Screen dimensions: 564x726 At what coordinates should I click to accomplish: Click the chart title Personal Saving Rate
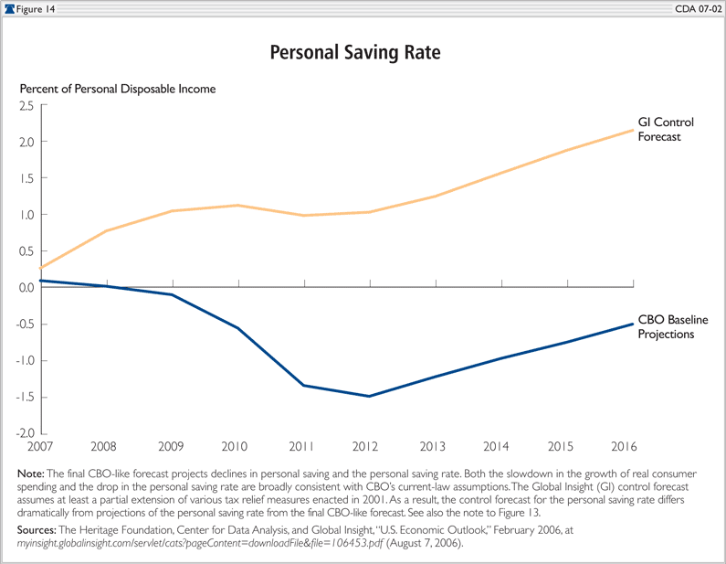point(355,53)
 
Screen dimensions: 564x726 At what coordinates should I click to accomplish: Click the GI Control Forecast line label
point(666,130)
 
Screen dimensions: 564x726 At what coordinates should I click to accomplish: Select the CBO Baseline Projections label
point(673,327)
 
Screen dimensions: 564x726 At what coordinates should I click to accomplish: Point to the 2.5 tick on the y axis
point(25,106)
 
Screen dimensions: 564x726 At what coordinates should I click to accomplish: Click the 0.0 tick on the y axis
point(25,288)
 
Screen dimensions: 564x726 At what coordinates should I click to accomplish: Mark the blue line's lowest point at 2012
point(369,396)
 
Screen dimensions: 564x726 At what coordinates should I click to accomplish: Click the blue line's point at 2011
point(303,386)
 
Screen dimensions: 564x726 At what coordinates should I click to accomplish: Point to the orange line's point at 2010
point(238,205)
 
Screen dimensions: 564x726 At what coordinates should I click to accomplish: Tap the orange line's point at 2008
point(108,230)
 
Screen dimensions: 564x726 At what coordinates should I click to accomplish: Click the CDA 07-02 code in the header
point(697,7)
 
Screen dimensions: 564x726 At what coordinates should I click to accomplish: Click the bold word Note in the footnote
point(29,474)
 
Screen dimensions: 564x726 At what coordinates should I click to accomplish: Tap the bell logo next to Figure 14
point(9,7)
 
